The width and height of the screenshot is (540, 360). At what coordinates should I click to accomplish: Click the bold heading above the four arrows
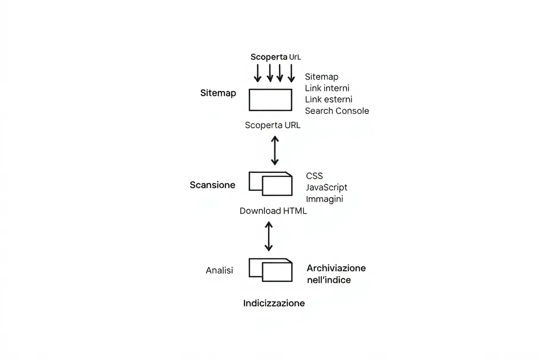pyautogui.click(x=275, y=57)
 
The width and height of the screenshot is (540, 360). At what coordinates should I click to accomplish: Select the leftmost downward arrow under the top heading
pyautogui.click(x=257, y=73)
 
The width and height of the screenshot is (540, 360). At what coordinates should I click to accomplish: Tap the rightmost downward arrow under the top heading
pyautogui.click(x=291, y=73)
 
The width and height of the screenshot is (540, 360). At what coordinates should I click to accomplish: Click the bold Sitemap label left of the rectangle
pyautogui.click(x=218, y=93)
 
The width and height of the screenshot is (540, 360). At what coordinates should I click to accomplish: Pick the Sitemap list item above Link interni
pyautogui.click(x=321, y=77)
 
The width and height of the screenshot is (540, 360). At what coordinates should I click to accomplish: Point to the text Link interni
pyautogui.click(x=327, y=88)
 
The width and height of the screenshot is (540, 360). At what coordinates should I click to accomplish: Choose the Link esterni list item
pyautogui.click(x=328, y=99)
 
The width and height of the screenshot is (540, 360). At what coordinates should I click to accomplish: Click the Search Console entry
pyautogui.click(x=337, y=111)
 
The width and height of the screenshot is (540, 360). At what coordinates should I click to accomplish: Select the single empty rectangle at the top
pyautogui.click(x=270, y=100)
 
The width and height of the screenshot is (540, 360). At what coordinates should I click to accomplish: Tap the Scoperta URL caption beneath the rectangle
pyautogui.click(x=273, y=125)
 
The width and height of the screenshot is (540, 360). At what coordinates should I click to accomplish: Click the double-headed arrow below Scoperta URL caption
pyautogui.click(x=275, y=150)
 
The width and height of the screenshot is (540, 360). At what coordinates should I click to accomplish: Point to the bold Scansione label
pyautogui.click(x=212, y=185)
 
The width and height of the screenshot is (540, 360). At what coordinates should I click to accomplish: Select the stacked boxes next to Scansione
pyautogui.click(x=270, y=183)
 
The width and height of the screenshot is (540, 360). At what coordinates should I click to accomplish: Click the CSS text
pyautogui.click(x=314, y=176)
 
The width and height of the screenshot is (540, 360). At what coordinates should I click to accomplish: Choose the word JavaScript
pyautogui.click(x=326, y=187)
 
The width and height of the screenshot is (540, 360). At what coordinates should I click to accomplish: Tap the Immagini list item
pyautogui.click(x=325, y=199)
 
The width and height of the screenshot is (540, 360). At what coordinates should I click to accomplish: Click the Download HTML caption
pyautogui.click(x=273, y=211)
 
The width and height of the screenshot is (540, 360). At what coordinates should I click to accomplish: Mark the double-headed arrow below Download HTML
pyautogui.click(x=269, y=236)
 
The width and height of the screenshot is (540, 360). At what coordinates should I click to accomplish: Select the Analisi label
pyautogui.click(x=219, y=270)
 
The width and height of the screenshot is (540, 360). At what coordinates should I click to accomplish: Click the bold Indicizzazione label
pyautogui.click(x=274, y=303)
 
